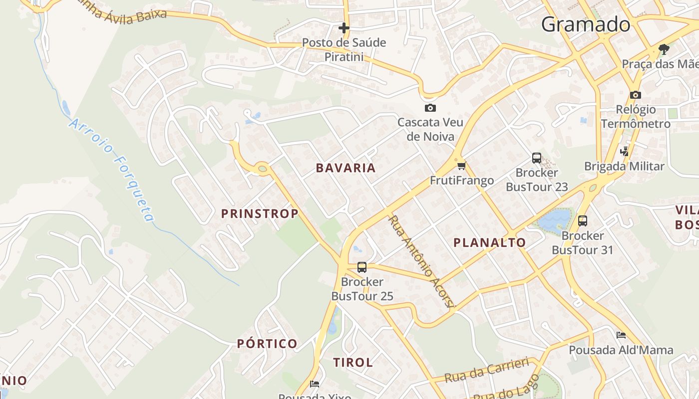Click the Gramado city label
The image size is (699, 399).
(585, 24)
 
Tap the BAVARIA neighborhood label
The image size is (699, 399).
(346, 168)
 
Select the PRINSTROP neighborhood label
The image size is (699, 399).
(260, 214)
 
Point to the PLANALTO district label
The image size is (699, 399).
(489, 243)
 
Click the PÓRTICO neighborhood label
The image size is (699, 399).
(267, 344)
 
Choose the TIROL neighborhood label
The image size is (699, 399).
(353, 363)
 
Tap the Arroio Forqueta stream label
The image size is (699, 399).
(112, 170)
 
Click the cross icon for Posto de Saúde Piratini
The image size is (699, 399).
(344, 28)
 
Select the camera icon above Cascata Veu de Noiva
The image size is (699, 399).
(430, 108)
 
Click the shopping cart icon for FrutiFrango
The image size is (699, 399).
(461, 166)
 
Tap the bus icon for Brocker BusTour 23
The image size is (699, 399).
(537, 158)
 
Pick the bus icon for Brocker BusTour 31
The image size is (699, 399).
(582, 221)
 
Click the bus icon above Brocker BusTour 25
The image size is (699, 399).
(362, 267)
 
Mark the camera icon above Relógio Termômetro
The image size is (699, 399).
(635, 95)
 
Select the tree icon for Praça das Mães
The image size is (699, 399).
(664, 49)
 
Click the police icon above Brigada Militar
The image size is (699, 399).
(624, 151)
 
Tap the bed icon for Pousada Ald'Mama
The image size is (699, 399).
(621, 335)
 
